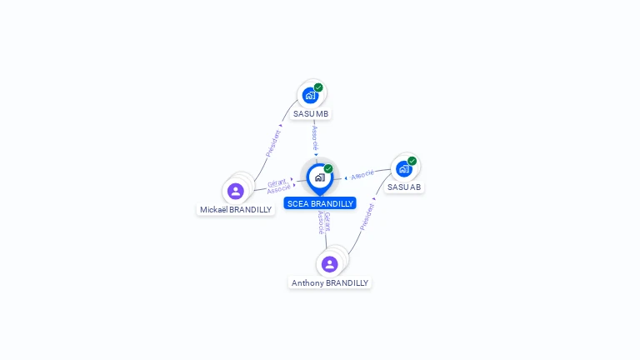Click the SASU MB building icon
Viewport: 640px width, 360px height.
(311, 95)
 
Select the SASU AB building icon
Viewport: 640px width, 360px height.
(404, 168)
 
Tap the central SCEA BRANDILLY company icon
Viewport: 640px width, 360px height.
(319, 177)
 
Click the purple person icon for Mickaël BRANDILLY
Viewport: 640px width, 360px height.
(236, 192)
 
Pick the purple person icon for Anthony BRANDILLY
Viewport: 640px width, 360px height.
(329, 264)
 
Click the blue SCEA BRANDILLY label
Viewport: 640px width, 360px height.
(320, 203)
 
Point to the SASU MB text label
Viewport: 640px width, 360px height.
(311, 113)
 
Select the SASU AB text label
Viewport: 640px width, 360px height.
(404, 187)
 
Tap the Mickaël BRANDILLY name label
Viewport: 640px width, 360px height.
(236, 209)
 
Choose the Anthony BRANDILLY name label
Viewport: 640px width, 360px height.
(330, 283)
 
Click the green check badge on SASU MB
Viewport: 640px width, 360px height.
(318, 87)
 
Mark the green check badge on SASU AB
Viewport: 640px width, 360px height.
(412, 161)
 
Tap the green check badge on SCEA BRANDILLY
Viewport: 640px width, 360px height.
(328, 169)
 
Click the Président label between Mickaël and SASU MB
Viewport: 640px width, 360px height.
(272, 143)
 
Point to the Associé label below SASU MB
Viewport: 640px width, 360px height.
(315, 138)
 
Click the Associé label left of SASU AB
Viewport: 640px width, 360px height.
(362, 175)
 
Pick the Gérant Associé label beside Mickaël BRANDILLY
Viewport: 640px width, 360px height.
(277, 186)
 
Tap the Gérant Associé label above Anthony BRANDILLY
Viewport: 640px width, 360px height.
(324, 223)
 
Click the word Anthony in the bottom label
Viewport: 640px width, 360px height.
(307, 283)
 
